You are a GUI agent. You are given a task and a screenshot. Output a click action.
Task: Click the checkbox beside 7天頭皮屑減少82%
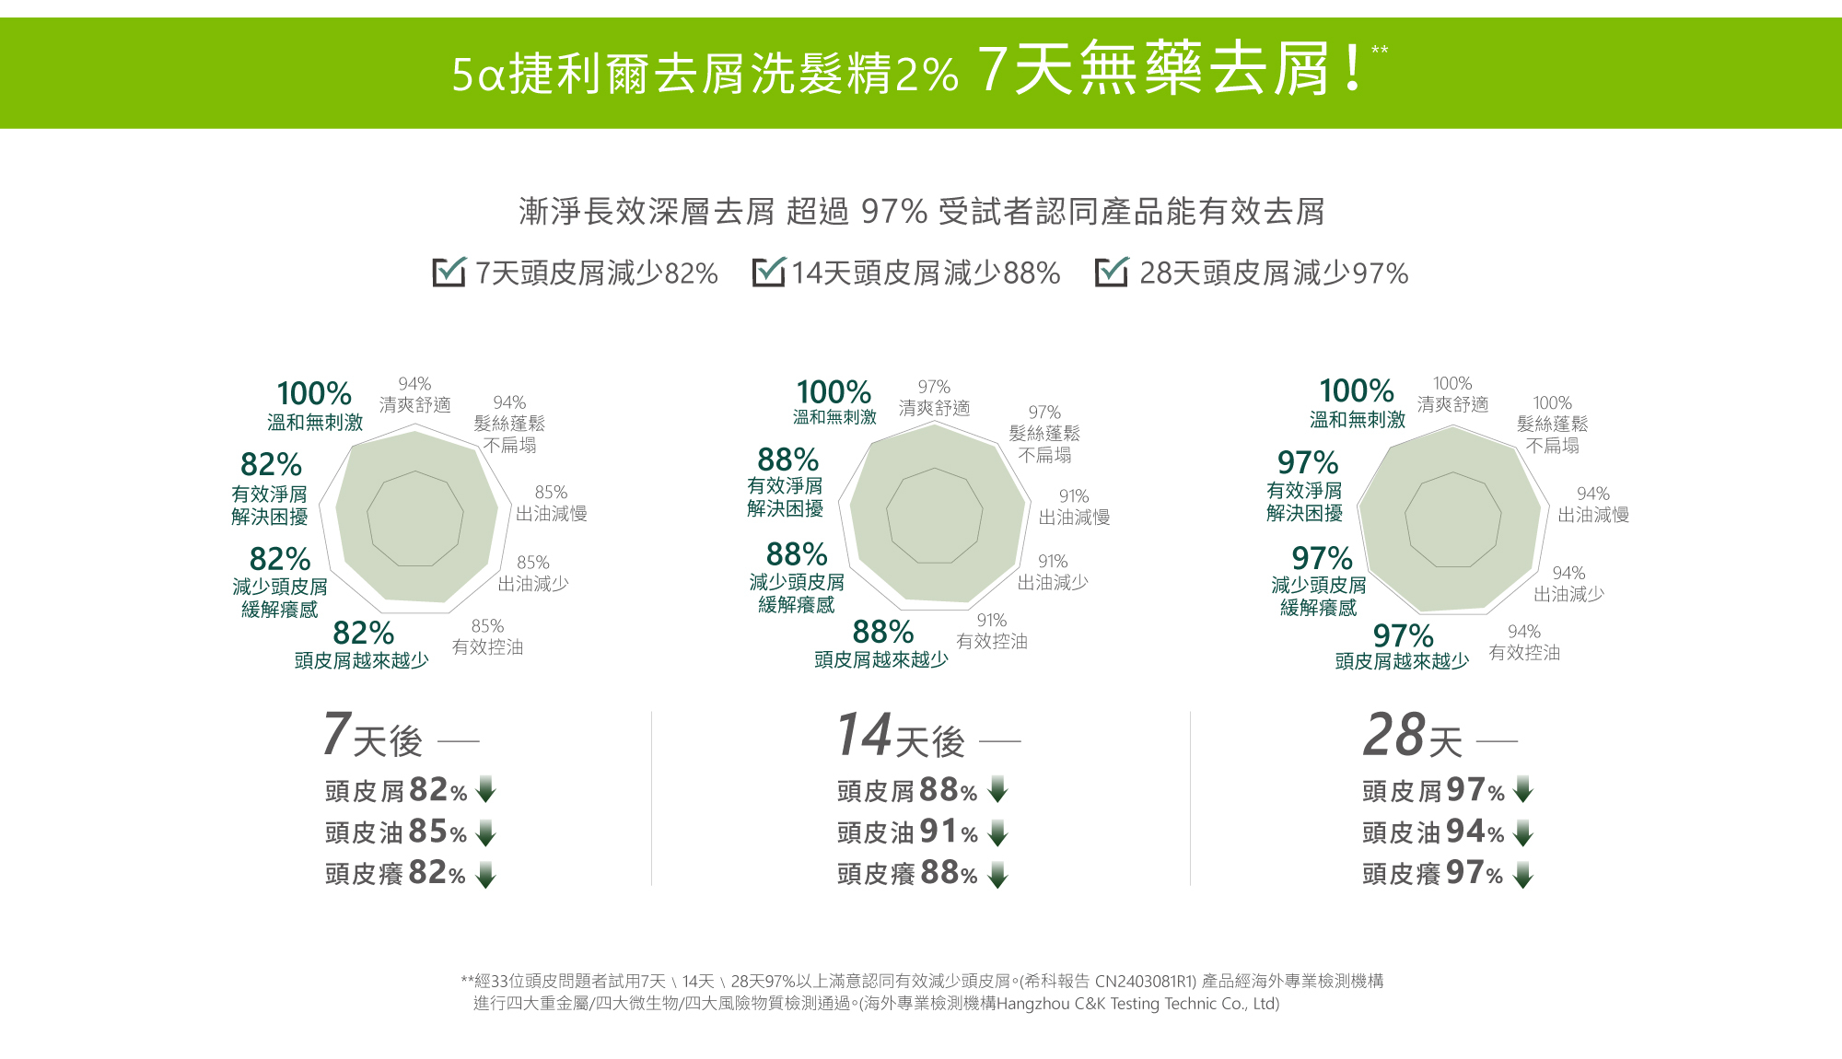coord(449,273)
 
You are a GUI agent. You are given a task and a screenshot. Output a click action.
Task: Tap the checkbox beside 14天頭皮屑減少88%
coord(768,273)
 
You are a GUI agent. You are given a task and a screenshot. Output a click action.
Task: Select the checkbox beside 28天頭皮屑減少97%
coord(1111,273)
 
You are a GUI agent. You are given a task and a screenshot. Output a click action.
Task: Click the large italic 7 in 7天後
coord(336,734)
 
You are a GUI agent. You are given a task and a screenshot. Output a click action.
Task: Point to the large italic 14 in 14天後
coord(864,735)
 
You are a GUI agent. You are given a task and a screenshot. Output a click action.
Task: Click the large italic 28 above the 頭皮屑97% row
coord(1393,735)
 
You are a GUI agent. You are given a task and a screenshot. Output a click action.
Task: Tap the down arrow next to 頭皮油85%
coord(486,832)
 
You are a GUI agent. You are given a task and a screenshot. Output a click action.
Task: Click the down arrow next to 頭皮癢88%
coord(997,874)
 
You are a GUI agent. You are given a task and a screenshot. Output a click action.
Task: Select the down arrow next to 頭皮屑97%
coord(1523,789)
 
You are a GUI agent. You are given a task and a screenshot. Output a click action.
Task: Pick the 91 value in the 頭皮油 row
coord(937,832)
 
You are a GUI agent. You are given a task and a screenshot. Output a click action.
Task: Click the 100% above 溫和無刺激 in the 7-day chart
coord(314,394)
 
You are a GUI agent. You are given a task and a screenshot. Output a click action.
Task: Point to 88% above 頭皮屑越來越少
coord(882,632)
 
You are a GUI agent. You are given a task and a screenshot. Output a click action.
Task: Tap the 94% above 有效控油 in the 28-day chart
coord(1524,632)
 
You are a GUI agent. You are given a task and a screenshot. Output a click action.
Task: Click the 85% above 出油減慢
coord(551,493)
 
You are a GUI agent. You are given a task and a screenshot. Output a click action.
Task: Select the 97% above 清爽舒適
coord(934,387)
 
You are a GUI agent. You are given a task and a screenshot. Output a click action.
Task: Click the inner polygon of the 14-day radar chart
coord(935,516)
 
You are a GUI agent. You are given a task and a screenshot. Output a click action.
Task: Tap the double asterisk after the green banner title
coord(1379,50)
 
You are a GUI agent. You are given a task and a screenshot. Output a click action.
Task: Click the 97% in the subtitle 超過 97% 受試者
coord(893,212)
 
